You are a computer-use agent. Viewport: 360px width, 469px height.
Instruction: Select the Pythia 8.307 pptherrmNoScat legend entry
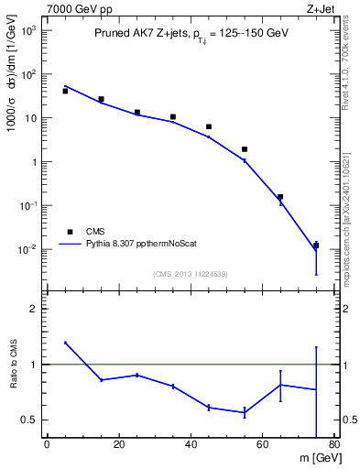click(138, 245)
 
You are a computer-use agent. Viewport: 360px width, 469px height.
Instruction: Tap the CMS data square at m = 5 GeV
click(65, 92)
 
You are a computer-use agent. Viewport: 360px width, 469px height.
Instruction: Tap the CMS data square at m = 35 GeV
click(173, 117)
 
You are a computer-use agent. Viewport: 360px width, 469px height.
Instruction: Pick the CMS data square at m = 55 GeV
click(245, 149)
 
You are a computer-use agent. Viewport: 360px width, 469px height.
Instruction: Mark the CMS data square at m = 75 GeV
click(316, 245)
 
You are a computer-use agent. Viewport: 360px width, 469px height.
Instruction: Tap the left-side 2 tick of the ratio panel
click(35, 309)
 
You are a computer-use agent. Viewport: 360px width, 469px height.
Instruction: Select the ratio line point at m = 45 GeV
click(209, 407)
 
